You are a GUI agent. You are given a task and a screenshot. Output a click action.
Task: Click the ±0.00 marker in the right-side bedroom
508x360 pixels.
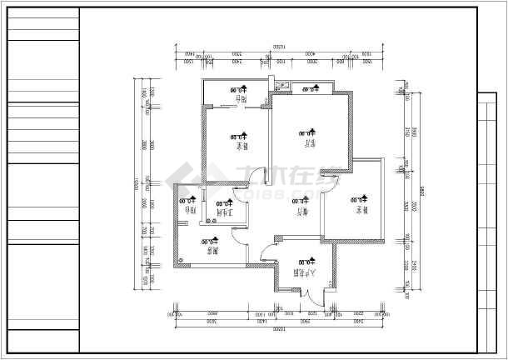358,200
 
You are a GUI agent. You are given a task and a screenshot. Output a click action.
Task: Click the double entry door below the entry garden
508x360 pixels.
305,293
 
